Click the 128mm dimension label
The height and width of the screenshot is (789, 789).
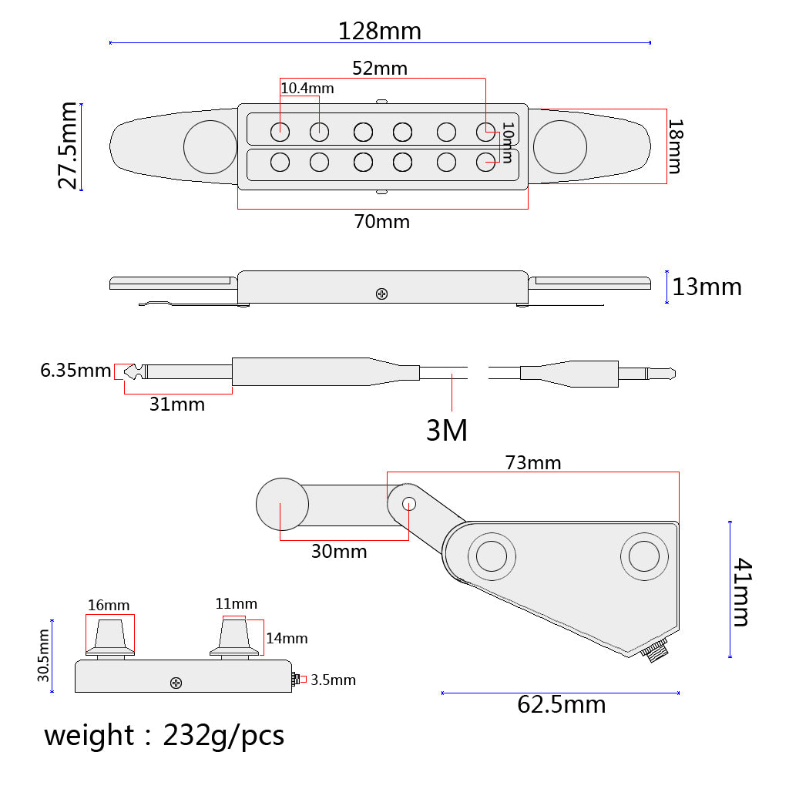point(379,31)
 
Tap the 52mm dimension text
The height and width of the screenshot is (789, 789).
point(379,69)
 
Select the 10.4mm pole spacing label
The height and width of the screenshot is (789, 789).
point(307,89)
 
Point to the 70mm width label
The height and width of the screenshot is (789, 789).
point(382,221)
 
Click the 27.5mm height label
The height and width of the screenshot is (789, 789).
point(68,146)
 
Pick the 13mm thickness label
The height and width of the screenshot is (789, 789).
point(707,287)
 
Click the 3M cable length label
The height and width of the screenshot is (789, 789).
point(447,430)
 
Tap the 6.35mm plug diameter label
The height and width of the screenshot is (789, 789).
point(76,371)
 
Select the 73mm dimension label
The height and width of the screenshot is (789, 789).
point(533,462)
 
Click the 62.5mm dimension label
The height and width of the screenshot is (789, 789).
point(561,704)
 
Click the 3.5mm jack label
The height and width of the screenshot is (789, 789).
point(333,680)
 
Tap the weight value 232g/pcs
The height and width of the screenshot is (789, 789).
point(223,736)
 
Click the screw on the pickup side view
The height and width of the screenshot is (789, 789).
point(382,294)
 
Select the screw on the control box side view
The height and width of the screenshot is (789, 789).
point(176,683)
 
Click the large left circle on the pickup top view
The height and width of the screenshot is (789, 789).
point(210,147)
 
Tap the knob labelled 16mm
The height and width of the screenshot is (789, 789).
point(109,637)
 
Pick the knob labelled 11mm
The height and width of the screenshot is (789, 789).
point(234,637)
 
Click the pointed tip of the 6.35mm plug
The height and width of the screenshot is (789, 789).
point(126,372)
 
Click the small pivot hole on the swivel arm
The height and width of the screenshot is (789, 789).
point(409,504)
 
